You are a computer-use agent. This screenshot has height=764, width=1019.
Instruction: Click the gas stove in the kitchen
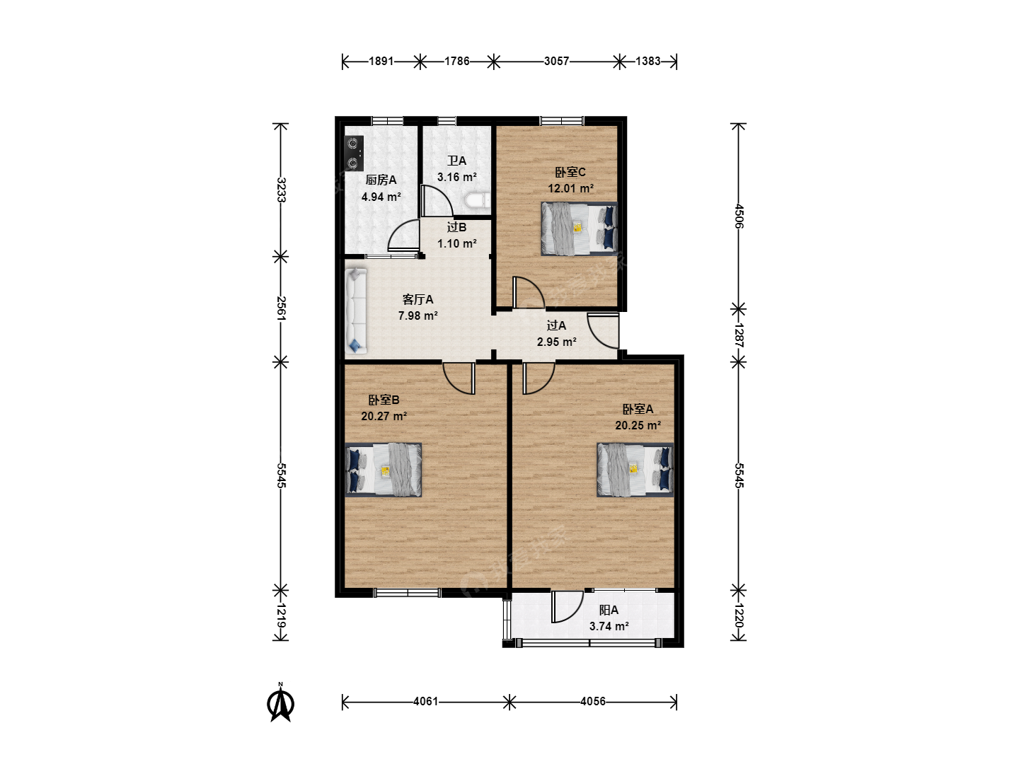click(354, 153)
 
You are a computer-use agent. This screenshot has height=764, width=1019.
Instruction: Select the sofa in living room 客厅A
click(356, 311)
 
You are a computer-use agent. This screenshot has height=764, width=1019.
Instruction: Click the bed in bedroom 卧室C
click(580, 228)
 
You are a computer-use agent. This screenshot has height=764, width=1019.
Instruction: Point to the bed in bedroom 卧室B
click(384, 470)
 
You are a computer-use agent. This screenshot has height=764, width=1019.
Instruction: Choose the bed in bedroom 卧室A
click(635, 470)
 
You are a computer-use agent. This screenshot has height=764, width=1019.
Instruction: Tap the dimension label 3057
click(556, 62)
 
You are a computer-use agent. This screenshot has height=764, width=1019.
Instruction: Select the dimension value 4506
click(739, 216)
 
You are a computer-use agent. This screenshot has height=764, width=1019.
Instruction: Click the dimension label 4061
click(426, 701)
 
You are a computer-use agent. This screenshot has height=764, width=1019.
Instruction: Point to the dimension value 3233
click(281, 190)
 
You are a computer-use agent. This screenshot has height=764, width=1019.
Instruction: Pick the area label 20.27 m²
click(384, 416)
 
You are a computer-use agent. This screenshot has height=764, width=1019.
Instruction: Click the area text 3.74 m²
click(609, 626)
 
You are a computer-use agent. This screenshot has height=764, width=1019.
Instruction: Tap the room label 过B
click(457, 227)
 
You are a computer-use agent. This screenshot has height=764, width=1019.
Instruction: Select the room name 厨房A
click(381, 180)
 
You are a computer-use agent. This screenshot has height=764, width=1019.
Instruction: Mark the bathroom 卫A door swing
click(437, 200)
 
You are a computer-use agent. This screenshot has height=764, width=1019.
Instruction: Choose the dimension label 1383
click(647, 62)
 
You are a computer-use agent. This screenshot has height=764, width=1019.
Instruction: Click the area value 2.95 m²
click(557, 342)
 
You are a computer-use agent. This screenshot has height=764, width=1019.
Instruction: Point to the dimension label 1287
click(739, 335)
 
